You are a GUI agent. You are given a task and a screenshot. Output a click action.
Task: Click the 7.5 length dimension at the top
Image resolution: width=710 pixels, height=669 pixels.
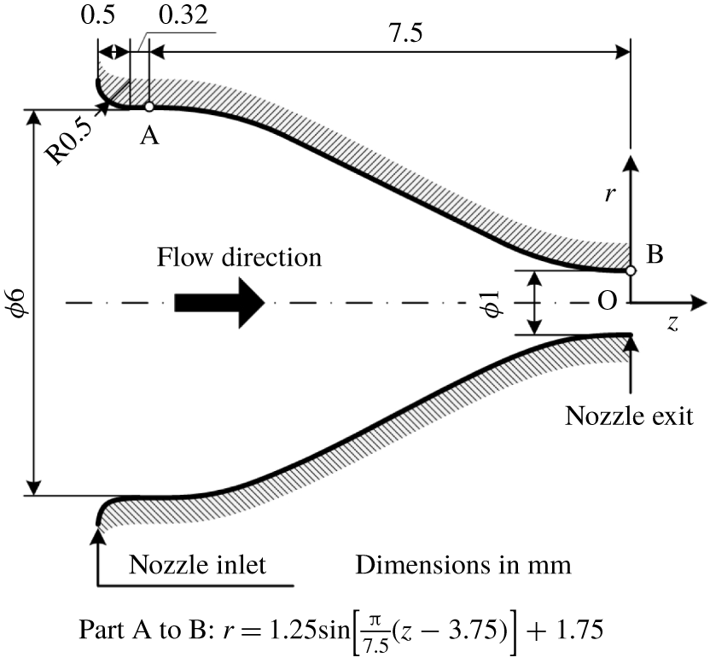406,33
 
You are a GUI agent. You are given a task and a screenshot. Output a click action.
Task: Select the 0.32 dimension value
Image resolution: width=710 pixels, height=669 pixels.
183,15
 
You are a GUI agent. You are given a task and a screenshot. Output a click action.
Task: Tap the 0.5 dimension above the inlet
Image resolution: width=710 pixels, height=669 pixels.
98,15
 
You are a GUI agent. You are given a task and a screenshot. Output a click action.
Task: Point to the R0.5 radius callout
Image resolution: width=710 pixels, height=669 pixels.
69,143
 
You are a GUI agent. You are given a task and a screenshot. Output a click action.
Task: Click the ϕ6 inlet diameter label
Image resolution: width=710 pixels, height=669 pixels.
19,302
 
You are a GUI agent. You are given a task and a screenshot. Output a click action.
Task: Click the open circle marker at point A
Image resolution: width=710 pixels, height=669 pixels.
149,107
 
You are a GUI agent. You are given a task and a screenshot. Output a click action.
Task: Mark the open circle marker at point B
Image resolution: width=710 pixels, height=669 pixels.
631,271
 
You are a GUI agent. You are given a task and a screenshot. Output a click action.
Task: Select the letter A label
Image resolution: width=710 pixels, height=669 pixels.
149,135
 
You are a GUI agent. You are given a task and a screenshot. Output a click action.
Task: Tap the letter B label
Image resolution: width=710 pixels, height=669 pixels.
655,254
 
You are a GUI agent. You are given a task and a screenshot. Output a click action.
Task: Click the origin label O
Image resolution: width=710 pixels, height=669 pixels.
608,300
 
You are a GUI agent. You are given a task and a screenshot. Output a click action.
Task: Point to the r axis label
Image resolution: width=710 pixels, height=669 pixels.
610,195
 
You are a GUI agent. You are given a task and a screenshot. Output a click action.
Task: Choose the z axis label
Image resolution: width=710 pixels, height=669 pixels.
672,323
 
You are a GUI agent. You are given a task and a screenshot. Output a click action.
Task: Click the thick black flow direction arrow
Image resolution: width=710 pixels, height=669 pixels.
219,302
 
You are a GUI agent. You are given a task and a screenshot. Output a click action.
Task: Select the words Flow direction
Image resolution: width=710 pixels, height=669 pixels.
239,257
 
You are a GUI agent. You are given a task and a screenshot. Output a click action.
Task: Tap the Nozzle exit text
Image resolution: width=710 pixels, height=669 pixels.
629,416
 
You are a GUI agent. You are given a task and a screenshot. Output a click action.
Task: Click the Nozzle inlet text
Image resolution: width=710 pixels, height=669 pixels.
197,564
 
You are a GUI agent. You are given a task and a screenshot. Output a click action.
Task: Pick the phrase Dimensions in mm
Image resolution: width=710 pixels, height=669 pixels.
463,564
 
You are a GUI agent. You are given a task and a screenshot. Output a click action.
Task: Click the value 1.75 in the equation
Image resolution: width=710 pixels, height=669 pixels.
579,630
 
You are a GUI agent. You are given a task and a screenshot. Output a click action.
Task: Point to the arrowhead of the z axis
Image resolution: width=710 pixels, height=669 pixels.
700,302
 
